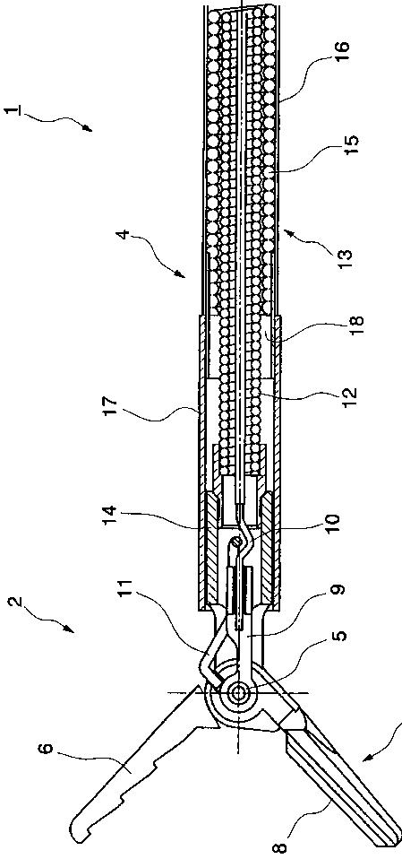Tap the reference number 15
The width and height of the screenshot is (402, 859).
coord(353,144)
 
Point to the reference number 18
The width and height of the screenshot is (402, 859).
coord(353,327)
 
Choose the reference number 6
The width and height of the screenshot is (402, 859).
coord(47,747)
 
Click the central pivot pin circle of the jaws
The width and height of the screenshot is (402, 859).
coord(238,692)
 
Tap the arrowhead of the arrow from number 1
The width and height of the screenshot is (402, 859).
coord(88,128)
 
